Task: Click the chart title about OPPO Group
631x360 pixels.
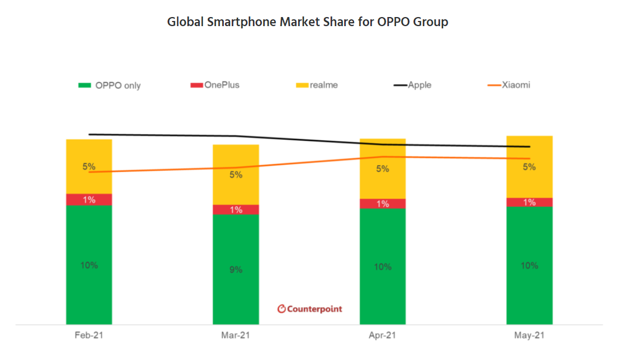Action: point(307,22)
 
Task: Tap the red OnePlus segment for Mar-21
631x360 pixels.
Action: point(236,210)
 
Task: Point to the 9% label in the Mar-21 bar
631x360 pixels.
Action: point(236,270)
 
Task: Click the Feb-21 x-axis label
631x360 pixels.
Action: point(89,336)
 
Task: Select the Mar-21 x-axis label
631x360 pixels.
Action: point(236,336)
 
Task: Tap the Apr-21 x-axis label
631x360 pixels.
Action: point(382,336)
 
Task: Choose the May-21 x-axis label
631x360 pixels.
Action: point(529,336)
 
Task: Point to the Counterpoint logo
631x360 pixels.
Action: point(310,309)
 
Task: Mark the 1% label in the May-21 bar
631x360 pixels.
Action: point(529,202)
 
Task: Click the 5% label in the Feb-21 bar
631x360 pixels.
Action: point(89,167)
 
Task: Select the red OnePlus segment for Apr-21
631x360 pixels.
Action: point(382,204)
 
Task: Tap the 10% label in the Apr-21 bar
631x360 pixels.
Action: point(382,266)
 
